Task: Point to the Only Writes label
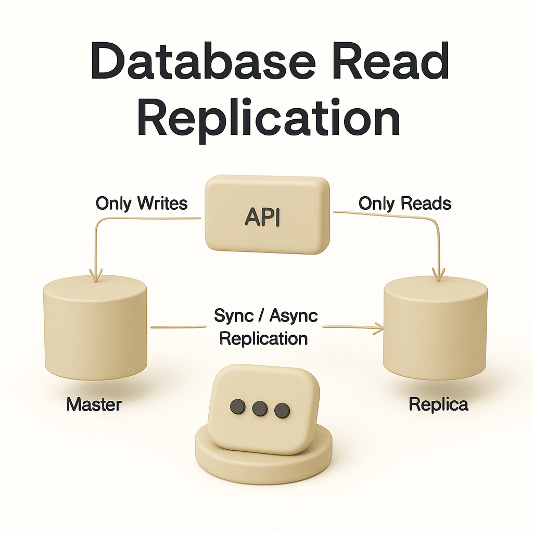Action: click(141, 203)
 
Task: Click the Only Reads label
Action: click(404, 203)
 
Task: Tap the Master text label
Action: click(94, 404)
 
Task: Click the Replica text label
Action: click(438, 404)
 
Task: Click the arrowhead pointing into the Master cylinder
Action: click(95, 274)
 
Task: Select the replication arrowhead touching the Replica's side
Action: click(378, 327)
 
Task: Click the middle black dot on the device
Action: click(259, 409)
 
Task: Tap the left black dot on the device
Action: click(238, 406)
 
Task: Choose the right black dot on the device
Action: click(281, 410)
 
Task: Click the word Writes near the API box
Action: click(162, 203)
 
